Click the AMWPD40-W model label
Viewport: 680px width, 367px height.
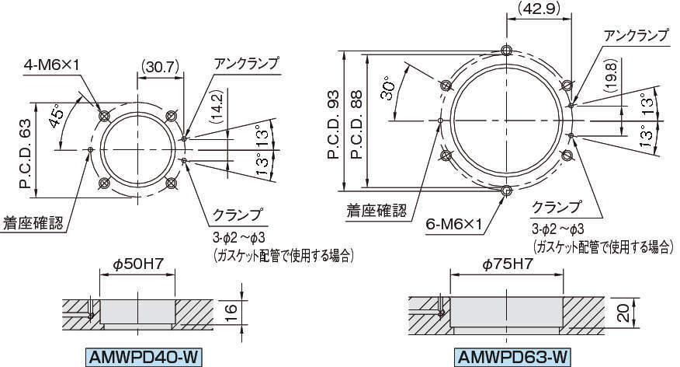point(143,358)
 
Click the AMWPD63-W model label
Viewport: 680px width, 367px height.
point(512,358)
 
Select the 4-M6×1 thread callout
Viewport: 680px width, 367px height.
point(52,65)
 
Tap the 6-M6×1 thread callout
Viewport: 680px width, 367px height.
point(454,224)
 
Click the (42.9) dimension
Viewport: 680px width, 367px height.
point(539,9)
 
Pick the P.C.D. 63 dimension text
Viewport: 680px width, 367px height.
point(26,154)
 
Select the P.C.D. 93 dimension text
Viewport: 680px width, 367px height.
point(333,124)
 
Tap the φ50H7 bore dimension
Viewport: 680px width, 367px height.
point(137,264)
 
